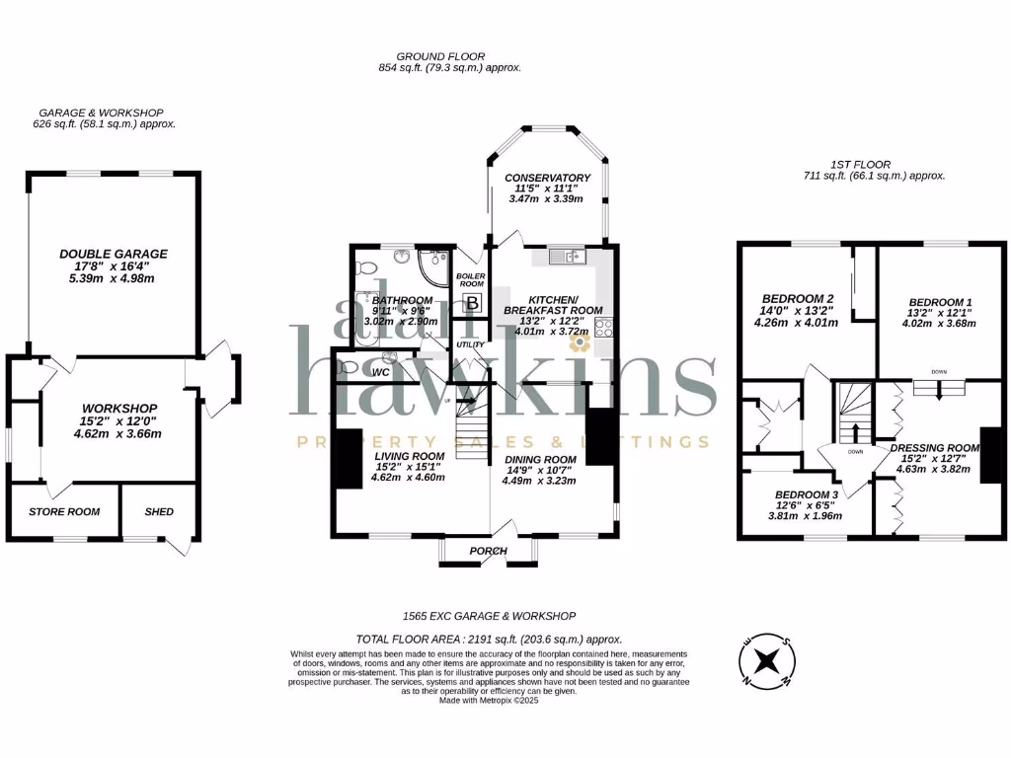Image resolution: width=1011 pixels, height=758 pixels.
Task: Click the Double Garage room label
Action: (x=113, y=254)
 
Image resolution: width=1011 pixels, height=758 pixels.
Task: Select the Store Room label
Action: (x=64, y=511)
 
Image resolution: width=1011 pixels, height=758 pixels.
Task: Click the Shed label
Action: (x=159, y=511)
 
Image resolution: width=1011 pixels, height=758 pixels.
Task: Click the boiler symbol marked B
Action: (x=472, y=304)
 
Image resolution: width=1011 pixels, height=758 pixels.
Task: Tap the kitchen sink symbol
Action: (x=571, y=257)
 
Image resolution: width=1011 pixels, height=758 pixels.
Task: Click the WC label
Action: (x=381, y=373)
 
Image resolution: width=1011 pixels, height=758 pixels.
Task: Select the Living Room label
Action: (x=409, y=456)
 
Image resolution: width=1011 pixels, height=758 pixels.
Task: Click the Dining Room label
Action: (x=540, y=459)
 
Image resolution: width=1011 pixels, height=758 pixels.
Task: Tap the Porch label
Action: (x=488, y=551)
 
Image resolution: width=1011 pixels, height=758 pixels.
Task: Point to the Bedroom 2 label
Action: (x=799, y=298)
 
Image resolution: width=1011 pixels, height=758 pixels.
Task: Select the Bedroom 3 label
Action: (x=807, y=493)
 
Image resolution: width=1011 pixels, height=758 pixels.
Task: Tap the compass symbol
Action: (x=767, y=660)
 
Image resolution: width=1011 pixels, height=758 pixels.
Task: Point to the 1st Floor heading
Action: (x=861, y=164)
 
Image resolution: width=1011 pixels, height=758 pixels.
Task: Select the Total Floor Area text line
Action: (x=489, y=640)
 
